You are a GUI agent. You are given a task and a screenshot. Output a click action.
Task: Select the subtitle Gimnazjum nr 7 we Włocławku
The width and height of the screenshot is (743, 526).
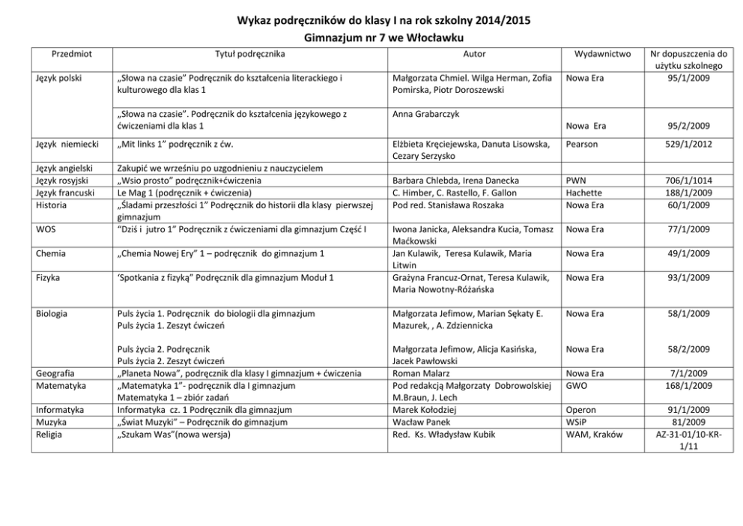pos(371,37)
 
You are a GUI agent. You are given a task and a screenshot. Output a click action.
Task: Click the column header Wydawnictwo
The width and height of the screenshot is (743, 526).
pos(601,54)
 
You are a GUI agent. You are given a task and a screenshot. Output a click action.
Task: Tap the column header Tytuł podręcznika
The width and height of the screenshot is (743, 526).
pos(250,54)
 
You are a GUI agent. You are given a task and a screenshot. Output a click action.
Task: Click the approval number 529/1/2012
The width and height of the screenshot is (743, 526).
pos(688,143)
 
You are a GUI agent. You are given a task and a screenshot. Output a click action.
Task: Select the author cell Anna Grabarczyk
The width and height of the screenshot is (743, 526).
pos(427,114)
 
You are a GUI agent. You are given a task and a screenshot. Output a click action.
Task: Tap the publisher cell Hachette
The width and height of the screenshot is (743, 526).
pos(584,193)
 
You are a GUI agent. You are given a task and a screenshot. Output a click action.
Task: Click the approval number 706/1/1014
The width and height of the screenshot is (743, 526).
pos(688,181)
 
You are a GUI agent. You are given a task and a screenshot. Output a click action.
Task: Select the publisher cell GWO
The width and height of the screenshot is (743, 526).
pos(577,385)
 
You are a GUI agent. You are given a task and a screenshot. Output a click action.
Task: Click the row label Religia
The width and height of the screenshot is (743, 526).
pos(51,434)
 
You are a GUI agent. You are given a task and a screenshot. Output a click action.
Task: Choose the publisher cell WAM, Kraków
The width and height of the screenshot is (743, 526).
pos(595,434)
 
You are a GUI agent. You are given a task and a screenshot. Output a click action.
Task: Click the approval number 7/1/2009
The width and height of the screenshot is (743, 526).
pos(688,373)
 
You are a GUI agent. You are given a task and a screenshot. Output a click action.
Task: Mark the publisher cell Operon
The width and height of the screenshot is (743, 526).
pos(581,410)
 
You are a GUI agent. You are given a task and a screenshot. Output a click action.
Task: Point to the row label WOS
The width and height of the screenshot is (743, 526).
pos(46,229)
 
